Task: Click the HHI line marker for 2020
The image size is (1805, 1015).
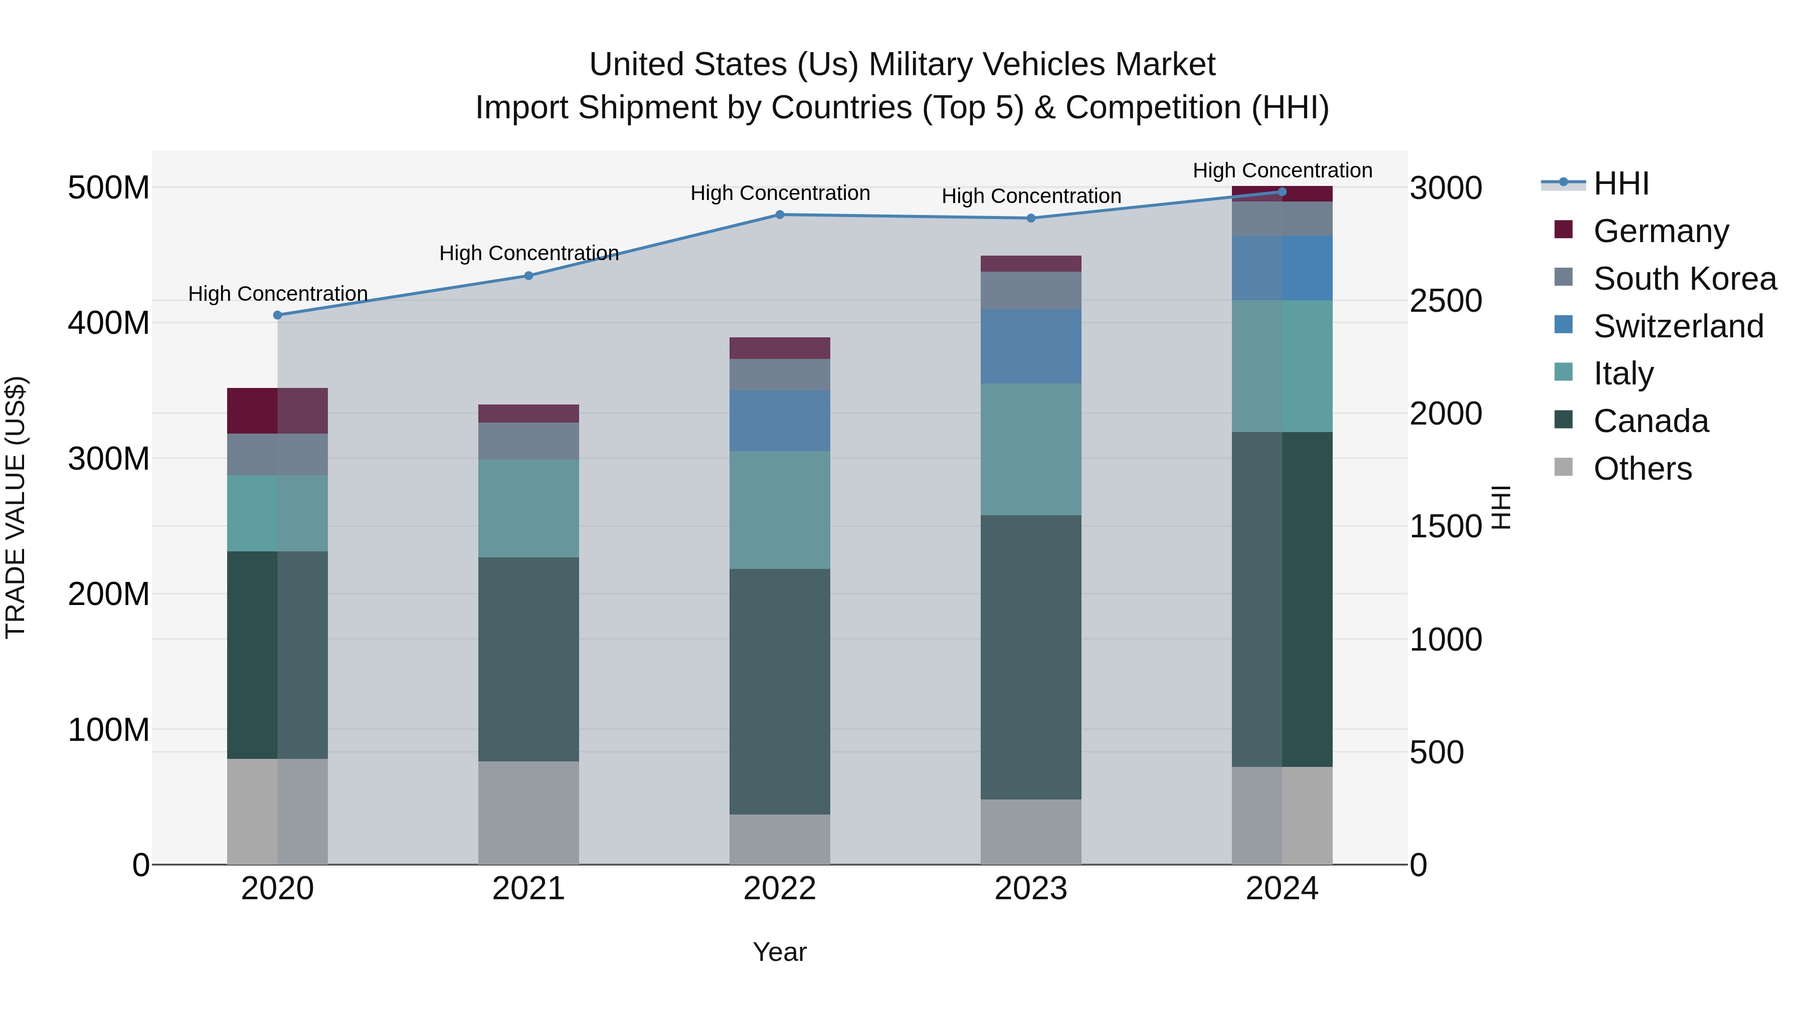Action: pyautogui.click(x=277, y=315)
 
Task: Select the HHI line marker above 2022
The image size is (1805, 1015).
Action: pyautogui.click(x=780, y=215)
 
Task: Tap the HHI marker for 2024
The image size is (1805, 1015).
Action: pyautogui.click(x=1282, y=192)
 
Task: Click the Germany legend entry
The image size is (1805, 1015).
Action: pyautogui.click(x=1661, y=231)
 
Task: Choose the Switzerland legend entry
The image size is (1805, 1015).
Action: pyautogui.click(x=1678, y=326)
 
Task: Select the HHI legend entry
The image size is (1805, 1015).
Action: pyautogui.click(x=1620, y=183)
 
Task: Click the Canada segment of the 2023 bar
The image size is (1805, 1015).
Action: pyautogui.click(x=1031, y=657)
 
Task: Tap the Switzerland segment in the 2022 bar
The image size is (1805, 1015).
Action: pyautogui.click(x=780, y=421)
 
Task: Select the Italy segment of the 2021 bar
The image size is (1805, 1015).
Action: pyautogui.click(x=529, y=509)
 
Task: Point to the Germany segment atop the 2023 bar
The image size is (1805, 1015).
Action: pyautogui.click(x=1031, y=263)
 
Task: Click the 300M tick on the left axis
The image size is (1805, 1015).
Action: pyautogui.click(x=109, y=459)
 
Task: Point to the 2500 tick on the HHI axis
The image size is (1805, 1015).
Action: pyautogui.click(x=1445, y=301)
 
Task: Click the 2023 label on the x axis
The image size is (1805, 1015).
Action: pyautogui.click(x=1031, y=889)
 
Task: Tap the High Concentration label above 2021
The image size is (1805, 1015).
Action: pyautogui.click(x=529, y=253)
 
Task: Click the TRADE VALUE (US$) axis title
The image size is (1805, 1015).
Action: pyautogui.click(x=16, y=507)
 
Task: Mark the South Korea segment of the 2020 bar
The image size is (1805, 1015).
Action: pyautogui.click(x=277, y=455)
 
